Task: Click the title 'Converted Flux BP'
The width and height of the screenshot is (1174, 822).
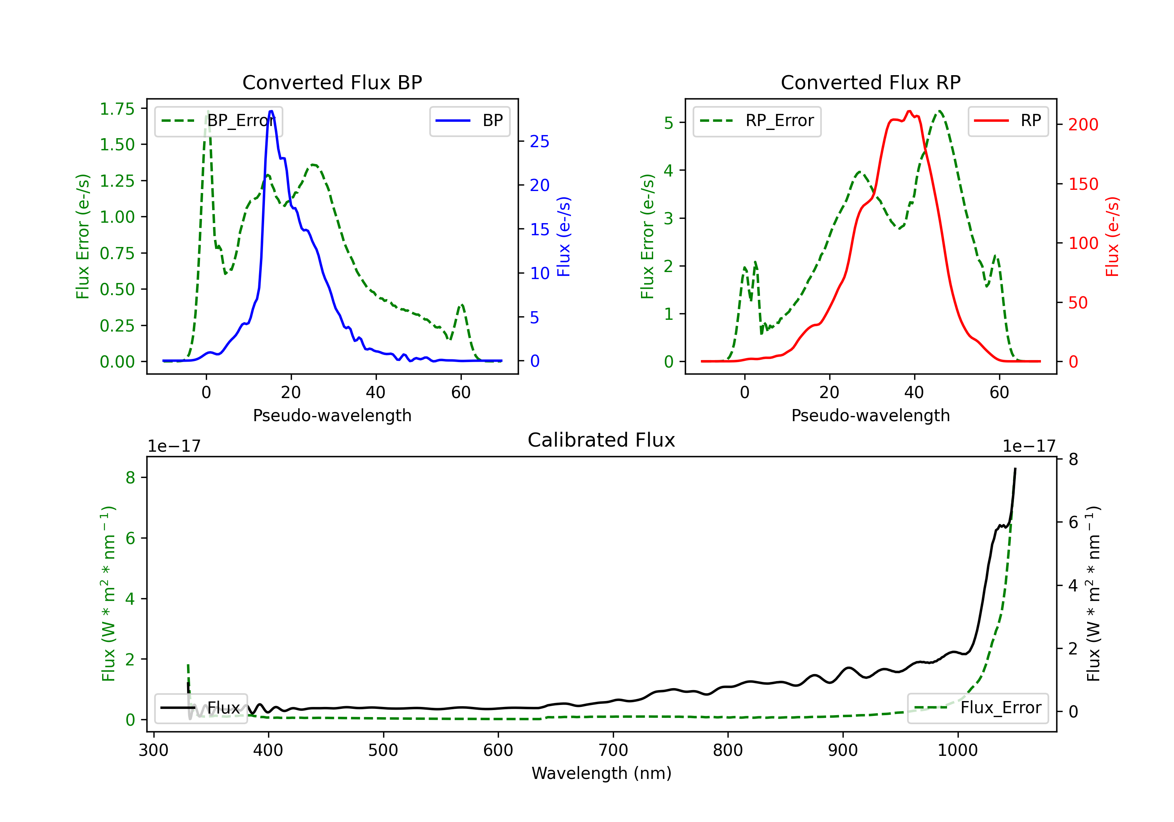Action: pyautogui.click(x=332, y=82)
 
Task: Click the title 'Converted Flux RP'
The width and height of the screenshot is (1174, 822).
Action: pyautogui.click(x=870, y=82)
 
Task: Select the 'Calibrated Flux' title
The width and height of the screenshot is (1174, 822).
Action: pyautogui.click(x=601, y=440)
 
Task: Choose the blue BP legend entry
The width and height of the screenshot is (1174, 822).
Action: pyautogui.click(x=469, y=121)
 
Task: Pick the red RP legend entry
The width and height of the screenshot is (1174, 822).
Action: pyautogui.click(x=1008, y=121)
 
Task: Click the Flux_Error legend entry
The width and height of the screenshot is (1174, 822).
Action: pyautogui.click(x=978, y=708)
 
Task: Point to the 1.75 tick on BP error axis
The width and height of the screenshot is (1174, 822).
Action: pyautogui.click(x=117, y=108)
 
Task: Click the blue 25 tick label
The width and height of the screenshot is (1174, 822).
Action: pyautogui.click(x=539, y=141)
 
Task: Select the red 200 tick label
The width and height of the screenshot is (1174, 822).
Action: pyautogui.click(x=1083, y=124)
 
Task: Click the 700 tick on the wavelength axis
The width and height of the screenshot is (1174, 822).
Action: pyautogui.click(x=613, y=750)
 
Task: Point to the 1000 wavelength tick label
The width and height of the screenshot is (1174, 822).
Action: pyautogui.click(x=957, y=750)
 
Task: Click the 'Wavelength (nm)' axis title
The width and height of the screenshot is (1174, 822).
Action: pyautogui.click(x=601, y=773)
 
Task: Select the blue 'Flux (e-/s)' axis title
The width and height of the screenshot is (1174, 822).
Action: pyautogui.click(x=564, y=236)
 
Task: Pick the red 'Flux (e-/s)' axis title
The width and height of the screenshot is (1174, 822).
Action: pyautogui.click(x=1112, y=236)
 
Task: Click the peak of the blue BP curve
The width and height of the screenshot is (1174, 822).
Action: pyautogui.click(x=271, y=111)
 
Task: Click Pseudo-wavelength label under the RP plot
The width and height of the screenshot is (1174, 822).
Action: pyautogui.click(x=870, y=415)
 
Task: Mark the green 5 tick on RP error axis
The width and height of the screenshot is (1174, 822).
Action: pyautogui.click(x=668, y=123)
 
